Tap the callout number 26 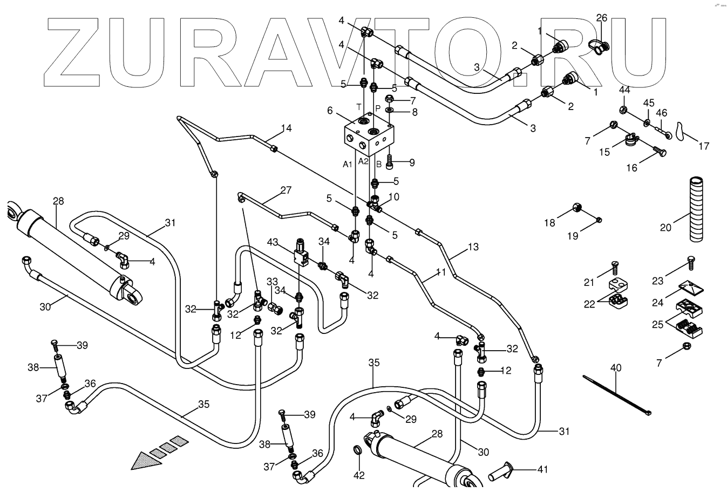[x=601, y=18]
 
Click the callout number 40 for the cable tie [x=616, y=368]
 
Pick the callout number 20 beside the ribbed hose [x=665, y=228]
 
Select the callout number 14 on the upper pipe [x=286, y=128]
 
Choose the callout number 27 [x=286, y=190]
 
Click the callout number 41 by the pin [x=542, y=470]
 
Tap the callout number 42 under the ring [x=359, y=475]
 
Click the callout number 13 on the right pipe [x=473, y=247]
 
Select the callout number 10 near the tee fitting [x=394, y=197]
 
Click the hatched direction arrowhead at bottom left [x=148, y=460]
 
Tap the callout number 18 [x=549, y=222]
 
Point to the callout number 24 [x=657, y=303]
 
